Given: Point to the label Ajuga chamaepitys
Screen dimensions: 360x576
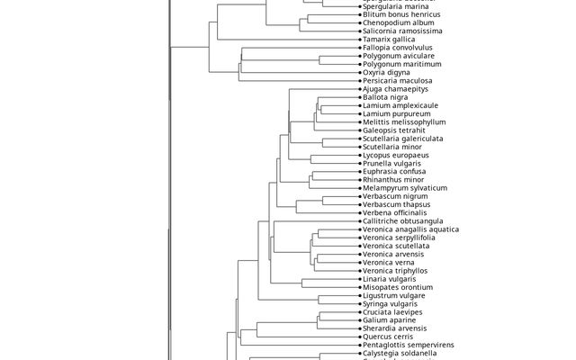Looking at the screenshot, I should click(396, 89).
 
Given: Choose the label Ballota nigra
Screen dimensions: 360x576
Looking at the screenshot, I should click(385, 97).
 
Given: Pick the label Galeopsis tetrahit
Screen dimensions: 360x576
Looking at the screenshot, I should click(395, 130).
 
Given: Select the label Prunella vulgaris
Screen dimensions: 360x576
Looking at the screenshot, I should click(394, 163).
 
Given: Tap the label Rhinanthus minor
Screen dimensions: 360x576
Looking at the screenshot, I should click(394, 180).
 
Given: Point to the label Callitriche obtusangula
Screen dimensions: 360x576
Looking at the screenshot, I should click(402, 221).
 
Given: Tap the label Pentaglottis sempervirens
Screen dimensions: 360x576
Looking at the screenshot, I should click(408, 345).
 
